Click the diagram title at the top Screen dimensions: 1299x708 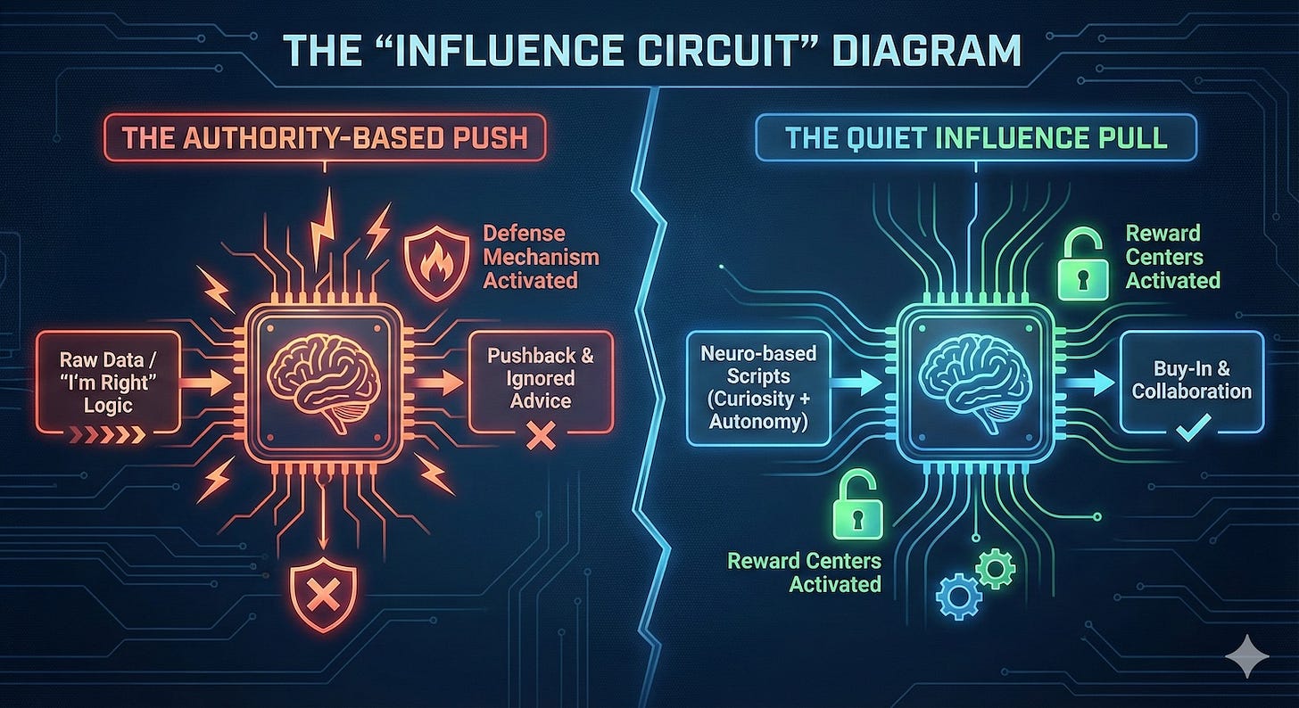[649, 52]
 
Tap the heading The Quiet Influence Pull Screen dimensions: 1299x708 [977, 139]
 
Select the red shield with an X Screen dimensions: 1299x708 [324, 596]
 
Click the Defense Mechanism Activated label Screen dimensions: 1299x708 [540, 257]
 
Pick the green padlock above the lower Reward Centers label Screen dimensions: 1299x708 [856, 506]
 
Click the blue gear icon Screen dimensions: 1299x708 [958, 596]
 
